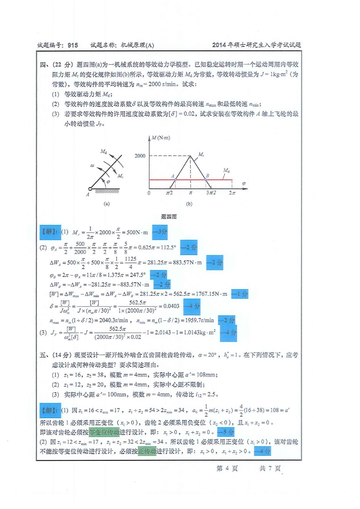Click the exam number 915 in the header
73,45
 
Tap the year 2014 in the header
219,45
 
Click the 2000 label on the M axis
140,156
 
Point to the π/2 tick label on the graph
169,193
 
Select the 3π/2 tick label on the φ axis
211,193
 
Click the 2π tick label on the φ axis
232,193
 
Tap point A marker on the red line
175,180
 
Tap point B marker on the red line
206,180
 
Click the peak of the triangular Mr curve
190,156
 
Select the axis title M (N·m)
161,138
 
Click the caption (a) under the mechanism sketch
107,204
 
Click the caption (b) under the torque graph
189,204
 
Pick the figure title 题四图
169,216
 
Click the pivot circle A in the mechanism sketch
90,189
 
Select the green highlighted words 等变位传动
104,432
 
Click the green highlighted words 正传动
147,451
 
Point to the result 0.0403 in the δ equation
171,306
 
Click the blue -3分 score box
160,232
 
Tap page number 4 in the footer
227,468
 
